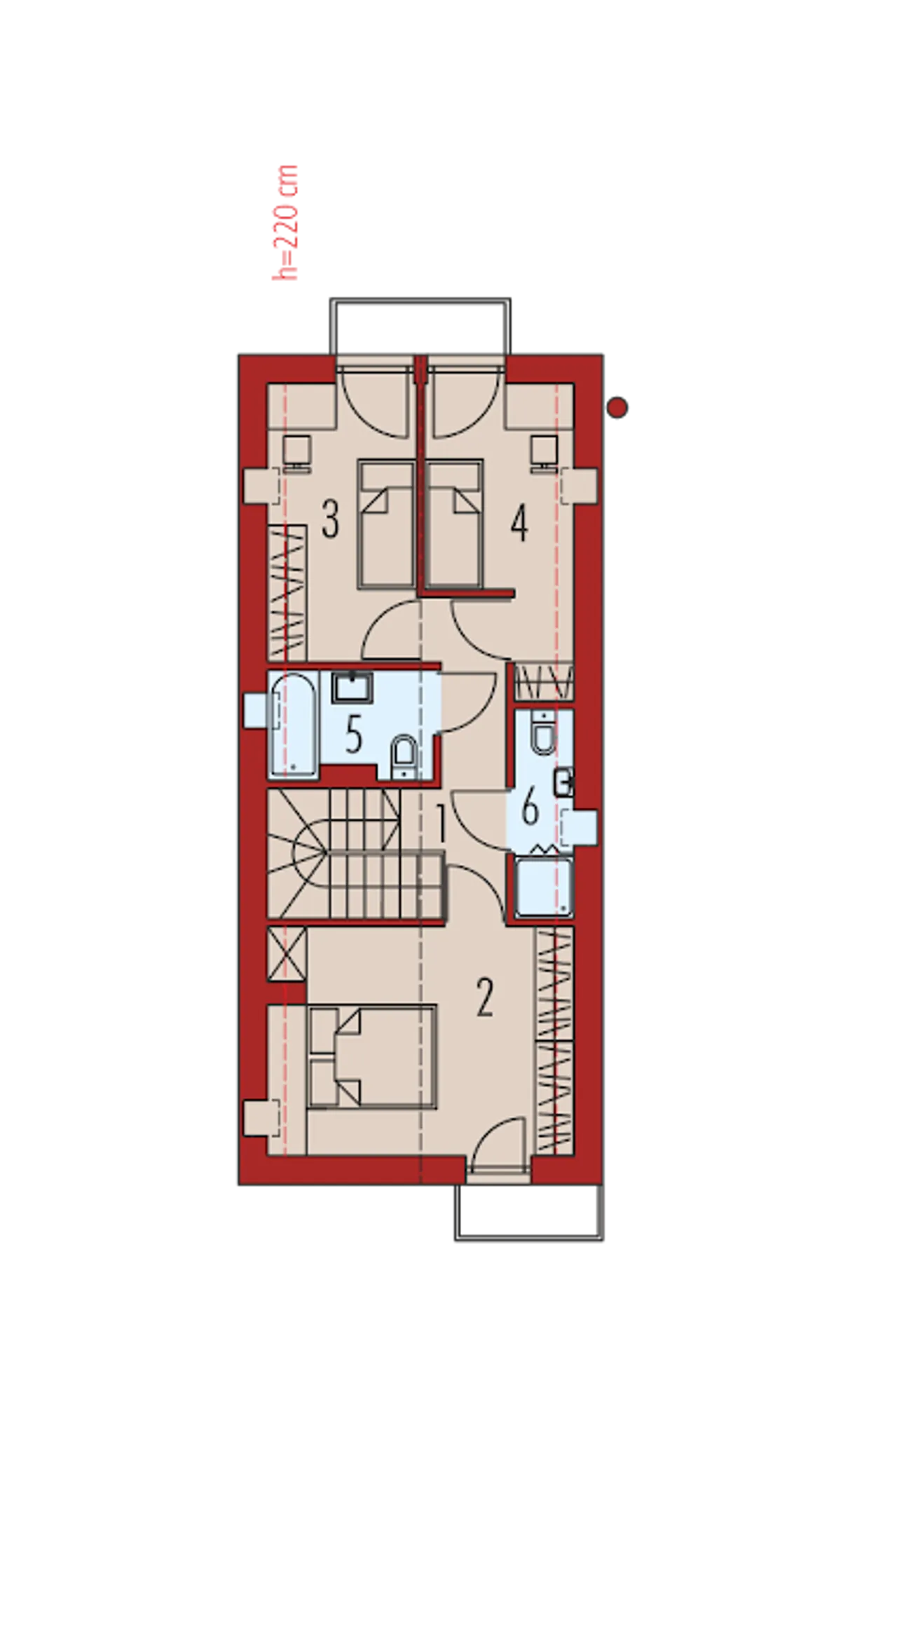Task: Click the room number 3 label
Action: (330, 519)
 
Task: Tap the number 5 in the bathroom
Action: (354, 735)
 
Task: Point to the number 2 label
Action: (484, 997)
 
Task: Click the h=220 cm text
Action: (286, 223)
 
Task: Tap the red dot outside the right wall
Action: (617, 407)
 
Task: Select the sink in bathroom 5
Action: (352, 688)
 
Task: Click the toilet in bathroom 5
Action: (403, 756)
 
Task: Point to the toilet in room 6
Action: (543, 732)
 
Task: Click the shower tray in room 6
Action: (544, 886)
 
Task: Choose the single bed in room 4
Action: (454, 524)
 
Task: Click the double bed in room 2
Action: (372, 1056)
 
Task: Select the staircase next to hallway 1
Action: (356, 853)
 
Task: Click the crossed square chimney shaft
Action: (287, 953)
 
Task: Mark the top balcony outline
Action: (420, 301)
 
